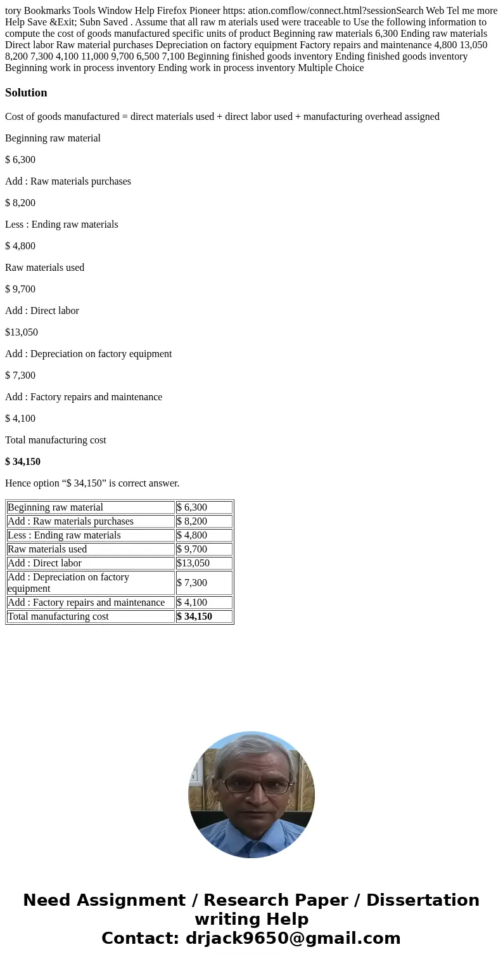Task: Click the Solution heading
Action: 26,93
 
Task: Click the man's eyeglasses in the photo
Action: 251,785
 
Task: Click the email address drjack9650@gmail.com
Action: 293,938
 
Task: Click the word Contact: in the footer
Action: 140,938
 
